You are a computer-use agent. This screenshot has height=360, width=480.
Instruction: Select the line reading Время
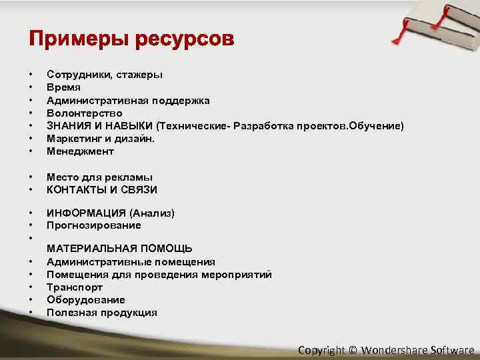coord(63,88)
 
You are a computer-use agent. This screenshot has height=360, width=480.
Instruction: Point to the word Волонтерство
coord(84,113)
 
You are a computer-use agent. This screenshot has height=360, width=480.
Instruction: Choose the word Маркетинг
coord(74,139)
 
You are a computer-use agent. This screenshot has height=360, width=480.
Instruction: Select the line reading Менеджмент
coord(80,151)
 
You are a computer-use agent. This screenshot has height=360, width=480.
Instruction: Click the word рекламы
coord(131,177)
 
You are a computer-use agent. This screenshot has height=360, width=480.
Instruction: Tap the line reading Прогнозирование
coord(93,226)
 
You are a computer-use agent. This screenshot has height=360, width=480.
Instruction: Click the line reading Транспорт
coord(75,287)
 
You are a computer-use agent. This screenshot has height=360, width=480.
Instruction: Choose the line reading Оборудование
coord(85,300)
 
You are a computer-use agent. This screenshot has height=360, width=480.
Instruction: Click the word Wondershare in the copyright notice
coord(394,350)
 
